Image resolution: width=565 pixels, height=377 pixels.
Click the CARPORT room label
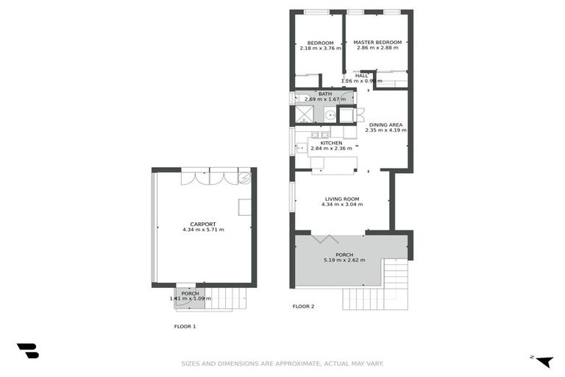(203, 224)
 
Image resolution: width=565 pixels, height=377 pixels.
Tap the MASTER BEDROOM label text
(377, 43)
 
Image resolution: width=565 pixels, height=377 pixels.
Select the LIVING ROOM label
(342, 199)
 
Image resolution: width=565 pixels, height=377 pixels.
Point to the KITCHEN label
(321, 143)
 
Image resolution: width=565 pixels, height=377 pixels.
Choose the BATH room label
(325, 94)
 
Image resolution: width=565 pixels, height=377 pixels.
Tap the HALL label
(361, 75)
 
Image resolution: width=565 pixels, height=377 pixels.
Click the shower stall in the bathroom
(304, 114)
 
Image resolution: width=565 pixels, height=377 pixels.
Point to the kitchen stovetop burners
(319, 134)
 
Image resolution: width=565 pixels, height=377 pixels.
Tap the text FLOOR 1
(185, 326)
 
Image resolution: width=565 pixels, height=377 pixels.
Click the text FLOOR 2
(303, 306)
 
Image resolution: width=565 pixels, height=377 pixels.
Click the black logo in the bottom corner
(27, 351)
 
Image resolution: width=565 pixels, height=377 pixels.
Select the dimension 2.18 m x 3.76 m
(321, 49)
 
